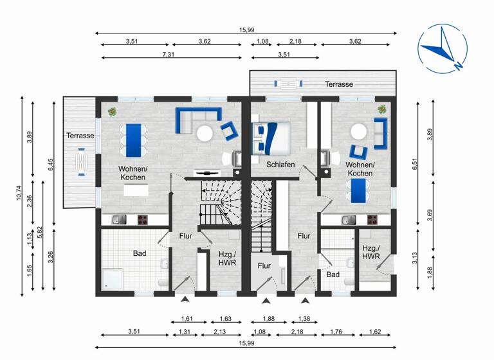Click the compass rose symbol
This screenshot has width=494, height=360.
point(442,49)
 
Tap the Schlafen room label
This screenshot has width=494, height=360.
point(281,165)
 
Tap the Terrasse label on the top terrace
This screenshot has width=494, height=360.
point(339,84)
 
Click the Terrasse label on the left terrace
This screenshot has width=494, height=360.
point(80,136)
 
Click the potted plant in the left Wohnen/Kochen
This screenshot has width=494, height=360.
point(113,112)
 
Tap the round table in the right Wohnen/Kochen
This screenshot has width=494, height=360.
point(358,132)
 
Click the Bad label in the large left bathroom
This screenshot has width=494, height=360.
point(140,253)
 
